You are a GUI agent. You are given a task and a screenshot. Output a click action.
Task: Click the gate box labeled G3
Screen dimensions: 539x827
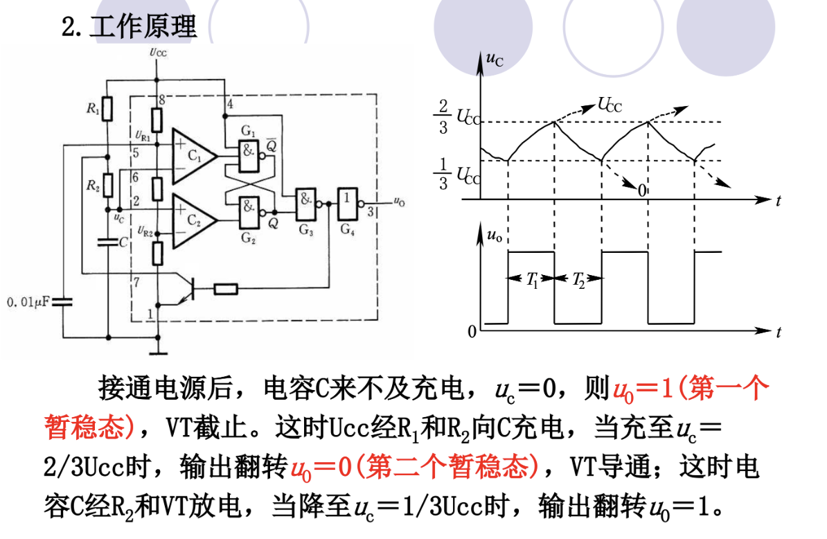tap(305, 202)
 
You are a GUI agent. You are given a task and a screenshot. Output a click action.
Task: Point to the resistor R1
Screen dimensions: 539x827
tap(107, 109)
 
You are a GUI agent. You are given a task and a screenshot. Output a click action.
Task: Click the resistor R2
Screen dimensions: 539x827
tap(107, 184)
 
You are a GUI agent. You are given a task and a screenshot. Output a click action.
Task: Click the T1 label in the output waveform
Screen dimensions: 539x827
tap(531, 280)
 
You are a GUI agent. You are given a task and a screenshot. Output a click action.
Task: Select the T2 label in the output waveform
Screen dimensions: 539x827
tap(577, 280)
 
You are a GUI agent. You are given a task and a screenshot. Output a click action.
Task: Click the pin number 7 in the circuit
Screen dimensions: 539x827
tap(136, 282)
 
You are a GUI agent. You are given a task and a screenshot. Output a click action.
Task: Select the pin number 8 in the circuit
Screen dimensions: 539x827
tap(161, 100)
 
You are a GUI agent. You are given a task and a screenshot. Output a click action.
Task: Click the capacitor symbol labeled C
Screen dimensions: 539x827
tap(107, 242)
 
